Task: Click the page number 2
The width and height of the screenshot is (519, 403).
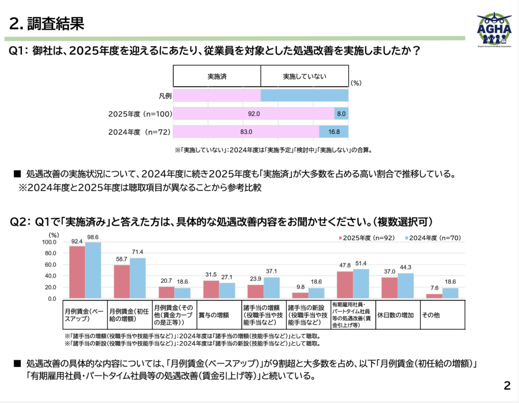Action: point(506,386)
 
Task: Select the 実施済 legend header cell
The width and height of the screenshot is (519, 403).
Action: point(217,76)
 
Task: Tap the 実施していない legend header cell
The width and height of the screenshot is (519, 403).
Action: point(305,76)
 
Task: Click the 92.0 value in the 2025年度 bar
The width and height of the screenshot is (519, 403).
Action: point(254,114)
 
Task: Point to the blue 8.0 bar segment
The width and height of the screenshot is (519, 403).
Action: point(341,114)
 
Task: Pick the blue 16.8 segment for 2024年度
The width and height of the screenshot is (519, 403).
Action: point(333,132)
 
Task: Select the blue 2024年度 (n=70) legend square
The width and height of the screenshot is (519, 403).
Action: point(407,237)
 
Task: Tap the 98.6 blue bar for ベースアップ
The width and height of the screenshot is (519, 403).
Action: point(93,271)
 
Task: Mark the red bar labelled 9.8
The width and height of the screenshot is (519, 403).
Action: point(300,296)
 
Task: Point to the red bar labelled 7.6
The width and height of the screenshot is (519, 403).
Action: point(434,296)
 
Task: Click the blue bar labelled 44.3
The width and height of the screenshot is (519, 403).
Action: point(405,286)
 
